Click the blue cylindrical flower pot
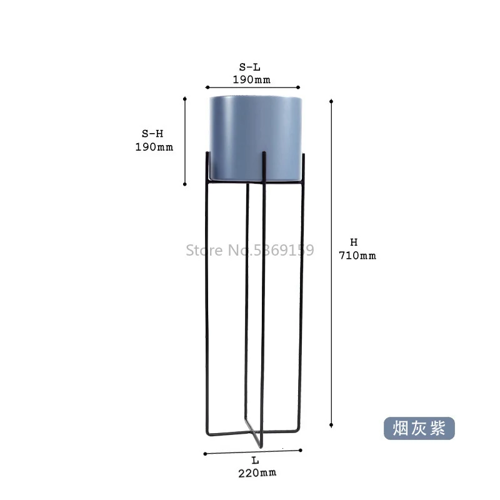256,139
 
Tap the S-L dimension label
250,67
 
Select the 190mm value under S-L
252,79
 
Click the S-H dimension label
152,134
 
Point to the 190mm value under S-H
154,147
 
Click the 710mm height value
357,256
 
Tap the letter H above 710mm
354,242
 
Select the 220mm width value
257,473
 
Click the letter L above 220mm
255,461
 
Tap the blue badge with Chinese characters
419,428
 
